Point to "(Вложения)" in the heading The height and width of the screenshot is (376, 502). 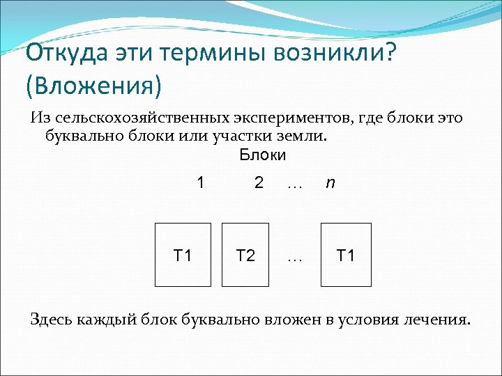(93, 86)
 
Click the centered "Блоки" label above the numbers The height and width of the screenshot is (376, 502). (262, 155)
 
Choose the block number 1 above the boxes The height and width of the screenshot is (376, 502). (201, 183)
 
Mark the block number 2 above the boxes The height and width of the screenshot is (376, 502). (259, 183)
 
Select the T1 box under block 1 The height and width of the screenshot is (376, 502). (182, 255)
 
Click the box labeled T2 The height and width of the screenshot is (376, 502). (245, 255)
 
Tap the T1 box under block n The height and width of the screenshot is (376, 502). (346, 255)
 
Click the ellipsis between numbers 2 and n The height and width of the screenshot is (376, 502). (294, 185)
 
